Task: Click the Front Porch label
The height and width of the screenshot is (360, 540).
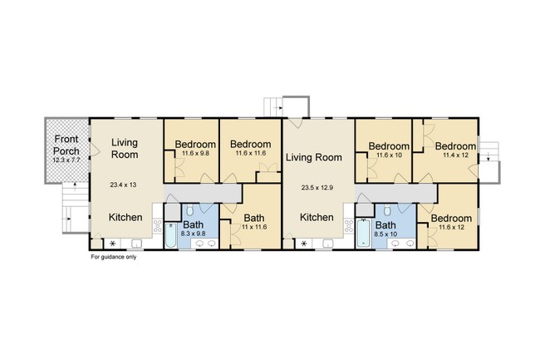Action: [x=66, y=145]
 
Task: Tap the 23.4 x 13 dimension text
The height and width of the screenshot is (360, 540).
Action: [x=123, y=185]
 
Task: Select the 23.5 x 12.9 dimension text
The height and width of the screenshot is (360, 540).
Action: [x=315, y=188]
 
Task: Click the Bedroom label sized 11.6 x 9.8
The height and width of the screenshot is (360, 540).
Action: [x=195, y=145]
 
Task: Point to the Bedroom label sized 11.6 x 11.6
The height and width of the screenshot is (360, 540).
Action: [x=250, y=144]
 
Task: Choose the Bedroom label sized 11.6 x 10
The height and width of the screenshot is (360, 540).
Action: [x=389, y=146]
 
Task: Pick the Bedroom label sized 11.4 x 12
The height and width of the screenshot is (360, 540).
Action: [x=455, y=146]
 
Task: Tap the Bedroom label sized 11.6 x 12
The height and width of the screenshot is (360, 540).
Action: [x=451, y=218]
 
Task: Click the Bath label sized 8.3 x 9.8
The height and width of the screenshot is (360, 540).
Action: [x=193, y=225]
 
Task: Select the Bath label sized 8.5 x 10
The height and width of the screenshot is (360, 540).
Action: [x=385, y=225]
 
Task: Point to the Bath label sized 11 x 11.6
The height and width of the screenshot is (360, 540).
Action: [x=254, y=218]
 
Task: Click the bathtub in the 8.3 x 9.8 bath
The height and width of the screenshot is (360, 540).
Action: [x=170, y=235]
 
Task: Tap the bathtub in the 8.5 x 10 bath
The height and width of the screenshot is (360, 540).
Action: [x=363, y=234]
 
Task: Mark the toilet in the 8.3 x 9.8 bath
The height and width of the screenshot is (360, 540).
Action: [x=189, y=210]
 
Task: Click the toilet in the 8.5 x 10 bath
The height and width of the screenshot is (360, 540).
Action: [x=387, y=210]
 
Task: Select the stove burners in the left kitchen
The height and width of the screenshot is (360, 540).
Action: [x=158, y=225]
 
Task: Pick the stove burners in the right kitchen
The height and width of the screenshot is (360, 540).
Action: [x=349, y=225]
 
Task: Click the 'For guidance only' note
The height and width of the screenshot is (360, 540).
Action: [x=113, y=257]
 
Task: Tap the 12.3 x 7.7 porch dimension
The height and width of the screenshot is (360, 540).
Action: [x=66, y=160]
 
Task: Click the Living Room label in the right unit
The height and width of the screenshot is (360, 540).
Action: [x=314, y=157]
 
